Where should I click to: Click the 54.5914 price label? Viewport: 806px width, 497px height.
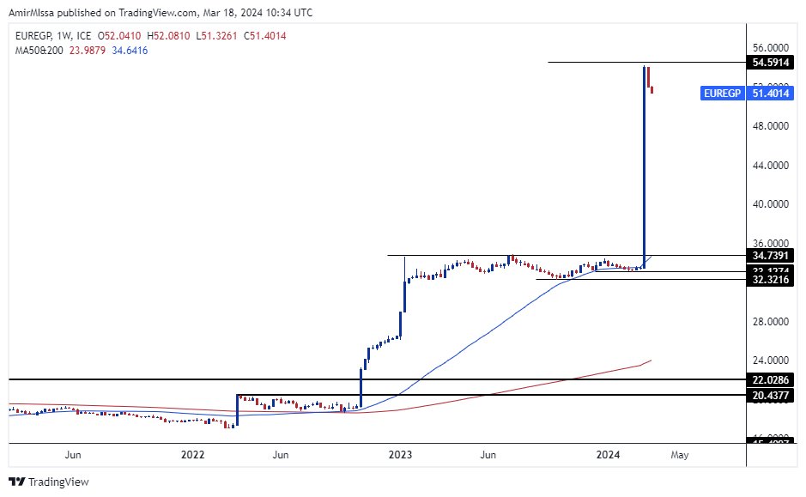[770, 62]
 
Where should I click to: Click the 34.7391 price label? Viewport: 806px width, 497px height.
[770, 256]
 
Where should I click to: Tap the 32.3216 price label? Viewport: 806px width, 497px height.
[770, 279]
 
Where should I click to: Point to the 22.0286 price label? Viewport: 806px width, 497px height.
[770, 379]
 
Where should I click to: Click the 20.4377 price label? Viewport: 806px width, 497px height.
[770, 395]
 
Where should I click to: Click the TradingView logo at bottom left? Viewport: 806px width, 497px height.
[49, 482]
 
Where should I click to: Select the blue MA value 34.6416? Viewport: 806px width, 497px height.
[130, 51]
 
